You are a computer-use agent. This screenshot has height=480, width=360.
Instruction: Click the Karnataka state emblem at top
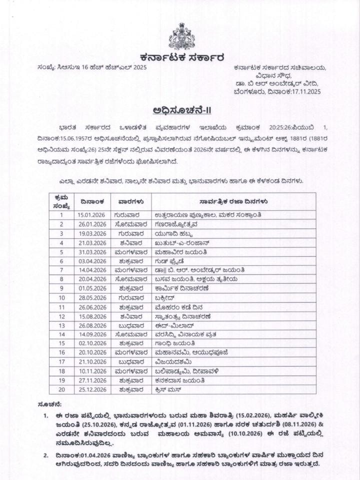[181, 36]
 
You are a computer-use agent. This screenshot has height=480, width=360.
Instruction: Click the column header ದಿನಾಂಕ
[92, 201]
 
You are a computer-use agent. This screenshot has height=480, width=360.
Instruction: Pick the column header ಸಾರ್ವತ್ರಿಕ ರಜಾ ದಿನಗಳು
[233, 201]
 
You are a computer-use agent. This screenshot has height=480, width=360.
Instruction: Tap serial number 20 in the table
[61, 389]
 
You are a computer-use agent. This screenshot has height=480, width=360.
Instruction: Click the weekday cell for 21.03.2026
[129, 242]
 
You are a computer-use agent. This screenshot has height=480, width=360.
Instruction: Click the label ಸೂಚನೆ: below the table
[49, 403]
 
